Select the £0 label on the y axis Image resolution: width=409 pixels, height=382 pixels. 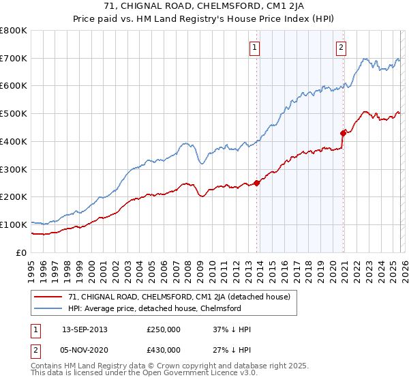[x=22, y=252]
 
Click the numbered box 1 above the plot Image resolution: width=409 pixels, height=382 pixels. [x=254, y=48]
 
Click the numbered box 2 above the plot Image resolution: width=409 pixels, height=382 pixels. [x=340, y=48]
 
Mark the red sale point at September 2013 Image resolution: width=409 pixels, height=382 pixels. [x=257, y=182]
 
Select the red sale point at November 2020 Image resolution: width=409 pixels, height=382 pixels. [x=344, y=133]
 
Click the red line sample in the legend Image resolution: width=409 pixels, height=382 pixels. [x=49, y=297]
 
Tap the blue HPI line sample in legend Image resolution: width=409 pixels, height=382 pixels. [x=49, y=308]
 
